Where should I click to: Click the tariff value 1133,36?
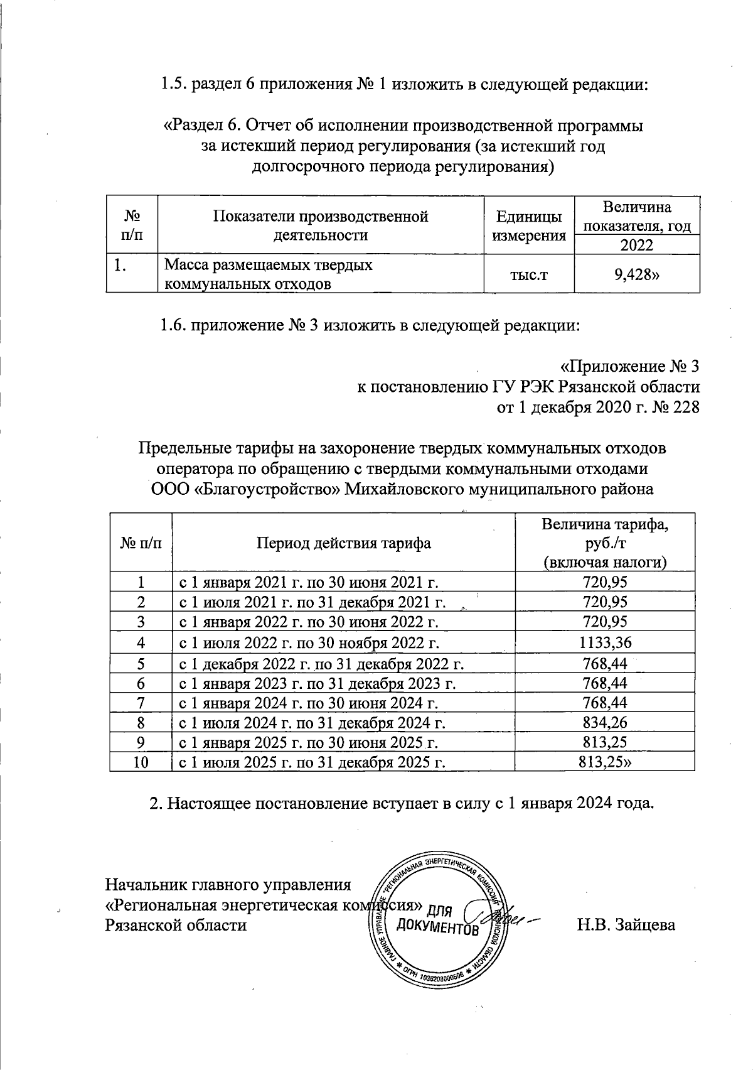[605, 642]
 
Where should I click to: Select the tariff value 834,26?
[605, 723]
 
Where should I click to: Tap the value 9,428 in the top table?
[637, 274]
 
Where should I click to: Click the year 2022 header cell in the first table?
[636, 245]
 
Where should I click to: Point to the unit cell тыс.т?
[528, 274]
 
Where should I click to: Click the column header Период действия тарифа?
[343, 543]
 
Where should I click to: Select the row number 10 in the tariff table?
[141, 762]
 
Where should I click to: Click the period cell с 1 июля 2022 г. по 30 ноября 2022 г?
[309, 642]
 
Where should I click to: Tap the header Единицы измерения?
[528, 226]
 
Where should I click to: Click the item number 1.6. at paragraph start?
[173, 325]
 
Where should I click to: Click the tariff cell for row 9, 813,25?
[605, 743]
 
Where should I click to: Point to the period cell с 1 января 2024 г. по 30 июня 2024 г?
[309, 703]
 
